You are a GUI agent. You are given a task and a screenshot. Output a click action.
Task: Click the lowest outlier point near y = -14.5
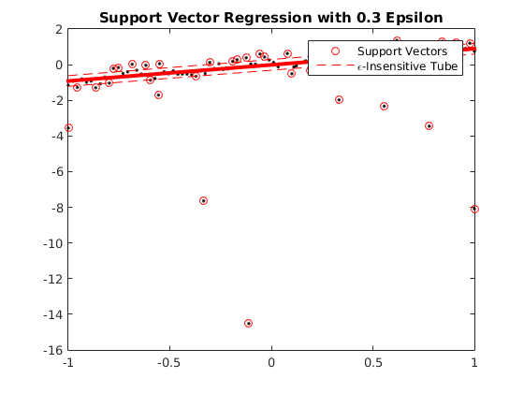tap(248, 323)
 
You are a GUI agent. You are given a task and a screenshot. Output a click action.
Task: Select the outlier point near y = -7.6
tap(203, 200)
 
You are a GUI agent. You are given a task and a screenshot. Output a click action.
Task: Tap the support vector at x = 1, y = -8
tap(474, 209)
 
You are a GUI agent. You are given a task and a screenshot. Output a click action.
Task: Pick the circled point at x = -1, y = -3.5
tap(68, 127)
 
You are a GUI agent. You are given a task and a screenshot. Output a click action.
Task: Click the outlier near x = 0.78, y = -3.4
tap(429, 125)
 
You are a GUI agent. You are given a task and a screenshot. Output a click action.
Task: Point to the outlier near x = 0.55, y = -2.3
tap(384, 106)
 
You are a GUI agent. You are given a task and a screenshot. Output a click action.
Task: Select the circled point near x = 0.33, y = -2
tap(339, 99)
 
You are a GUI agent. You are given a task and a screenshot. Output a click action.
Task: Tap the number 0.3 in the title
tap(369, 18)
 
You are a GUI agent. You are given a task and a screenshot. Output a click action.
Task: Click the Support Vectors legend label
tap(402, 51)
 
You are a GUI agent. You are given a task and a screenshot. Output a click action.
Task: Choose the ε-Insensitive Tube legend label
tap(407, 66)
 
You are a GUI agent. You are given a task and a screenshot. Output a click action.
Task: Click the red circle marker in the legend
tap(335, 51)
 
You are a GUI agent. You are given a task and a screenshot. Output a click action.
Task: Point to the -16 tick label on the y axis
tap(52, 350)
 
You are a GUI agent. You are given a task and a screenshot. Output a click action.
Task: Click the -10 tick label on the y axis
tap(52, 243)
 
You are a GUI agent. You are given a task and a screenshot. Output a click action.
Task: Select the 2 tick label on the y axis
tap(59, 29)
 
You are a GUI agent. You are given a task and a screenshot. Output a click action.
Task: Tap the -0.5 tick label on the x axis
tap(169, 362)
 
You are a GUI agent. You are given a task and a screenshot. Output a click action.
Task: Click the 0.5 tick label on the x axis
tap(373, 362)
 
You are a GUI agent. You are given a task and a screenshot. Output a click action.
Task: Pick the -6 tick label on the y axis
tap(56, 172)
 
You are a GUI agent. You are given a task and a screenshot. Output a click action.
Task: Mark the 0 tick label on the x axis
tap(271, 362)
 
